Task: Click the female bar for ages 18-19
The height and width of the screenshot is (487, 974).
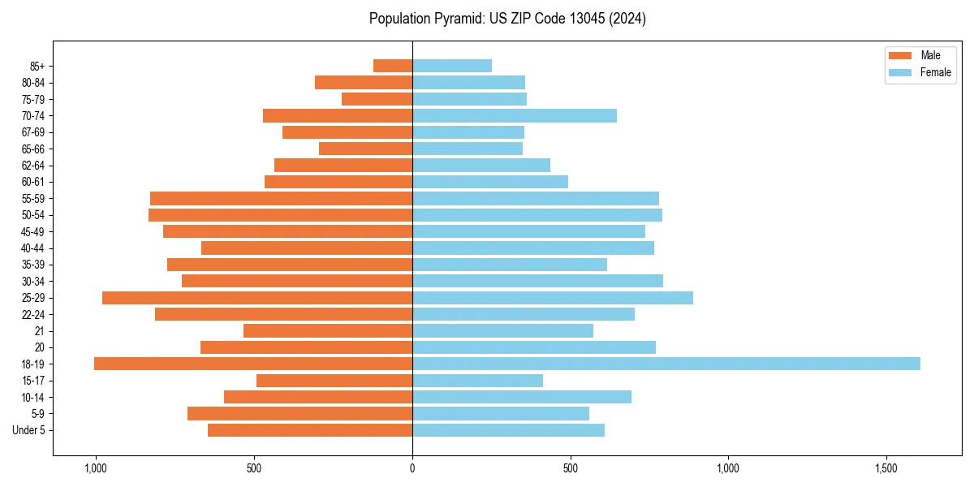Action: click(x=666, y=364)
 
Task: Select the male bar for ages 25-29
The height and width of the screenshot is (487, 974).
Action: click(x=257, y=298)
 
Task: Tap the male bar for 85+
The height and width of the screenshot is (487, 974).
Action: click(x=393, y=66)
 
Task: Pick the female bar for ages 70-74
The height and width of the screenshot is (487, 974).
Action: click(x=515, y=116)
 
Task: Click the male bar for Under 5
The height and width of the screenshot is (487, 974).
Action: click(x=310, y=430)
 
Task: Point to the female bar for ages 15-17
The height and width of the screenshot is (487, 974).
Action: click(x=477, y=381)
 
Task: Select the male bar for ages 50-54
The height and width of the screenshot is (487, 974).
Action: click(x=280, y=215)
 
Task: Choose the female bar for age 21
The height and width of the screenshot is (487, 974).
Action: click(x=502, y=331)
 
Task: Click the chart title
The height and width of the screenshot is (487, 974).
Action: click(x=507, y=19)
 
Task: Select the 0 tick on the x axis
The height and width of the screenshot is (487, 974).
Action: click(x=412, y=468)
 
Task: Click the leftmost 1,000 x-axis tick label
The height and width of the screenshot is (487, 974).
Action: click(x=96, y=468)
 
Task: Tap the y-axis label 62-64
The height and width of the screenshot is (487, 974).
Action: click(x=33, y=166)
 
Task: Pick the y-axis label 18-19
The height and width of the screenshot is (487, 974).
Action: click(x=33, y=364)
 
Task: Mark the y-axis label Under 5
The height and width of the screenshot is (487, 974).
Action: click(x=29, y=430)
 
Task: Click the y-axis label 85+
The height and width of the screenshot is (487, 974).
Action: click(x=37, y=66)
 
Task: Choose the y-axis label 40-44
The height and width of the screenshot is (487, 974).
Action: click(x=33, y=248)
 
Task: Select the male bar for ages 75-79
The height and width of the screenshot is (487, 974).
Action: click(x=377, y=99)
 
